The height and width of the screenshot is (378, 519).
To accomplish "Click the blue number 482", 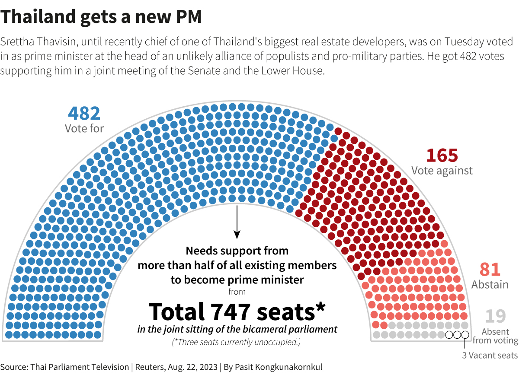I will (x=84, y=113).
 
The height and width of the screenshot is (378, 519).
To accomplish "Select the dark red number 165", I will (x=442, y=155).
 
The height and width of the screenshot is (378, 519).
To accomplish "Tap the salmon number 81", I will (x=490, y=270).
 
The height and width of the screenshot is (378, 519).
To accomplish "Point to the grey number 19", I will (x=495, y=316).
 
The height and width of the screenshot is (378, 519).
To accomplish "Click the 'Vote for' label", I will (x=84, y=128).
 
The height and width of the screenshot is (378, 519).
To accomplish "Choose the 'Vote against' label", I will (x=442, y=170).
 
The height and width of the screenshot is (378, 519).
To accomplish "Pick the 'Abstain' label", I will (x=490, y=285).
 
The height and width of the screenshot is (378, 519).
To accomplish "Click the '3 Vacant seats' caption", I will (x=490, y=356).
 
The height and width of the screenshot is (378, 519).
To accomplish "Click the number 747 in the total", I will (x=232, y=311).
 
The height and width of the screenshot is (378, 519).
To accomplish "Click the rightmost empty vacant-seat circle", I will (x=465, y=335).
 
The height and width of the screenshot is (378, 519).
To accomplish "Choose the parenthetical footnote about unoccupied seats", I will (x=237, y=343).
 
